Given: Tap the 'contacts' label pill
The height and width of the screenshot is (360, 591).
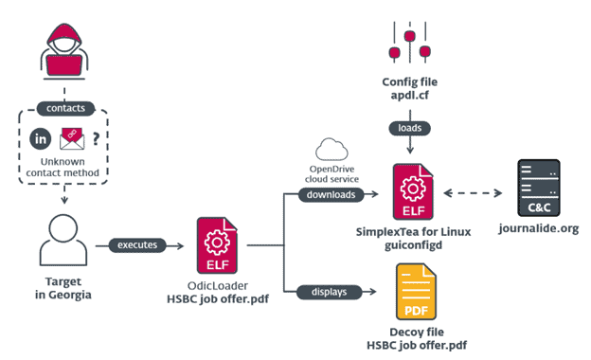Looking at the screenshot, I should point(65,107).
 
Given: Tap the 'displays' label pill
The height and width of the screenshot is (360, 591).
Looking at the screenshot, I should point(326,291).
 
